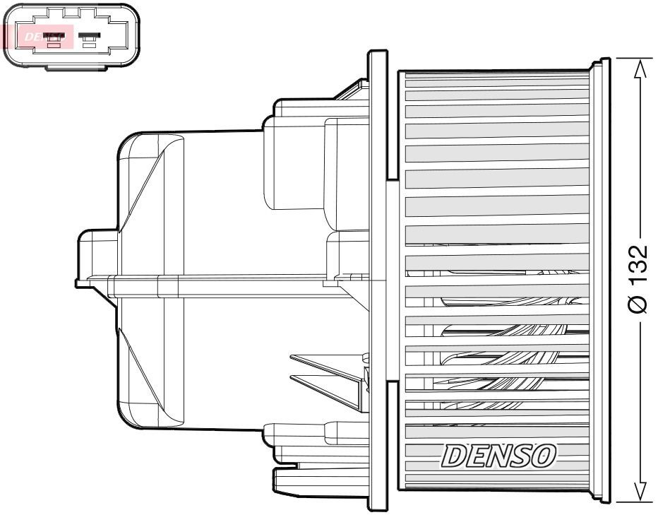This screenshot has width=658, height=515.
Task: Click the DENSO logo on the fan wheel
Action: point(498,456)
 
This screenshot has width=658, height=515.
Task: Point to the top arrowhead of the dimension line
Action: point(639,68)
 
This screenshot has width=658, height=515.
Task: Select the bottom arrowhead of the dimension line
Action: point(639,492)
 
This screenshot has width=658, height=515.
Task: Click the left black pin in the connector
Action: point(54,34)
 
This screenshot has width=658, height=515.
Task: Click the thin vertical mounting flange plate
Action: point(378,283)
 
